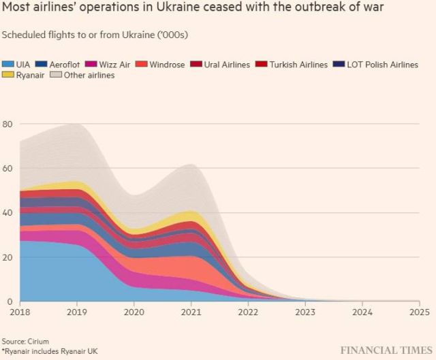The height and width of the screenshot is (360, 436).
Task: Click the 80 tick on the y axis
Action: pyautogui.click(x=7, y=124)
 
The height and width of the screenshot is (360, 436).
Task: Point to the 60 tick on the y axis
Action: pyautogui.click(x=7, y=168)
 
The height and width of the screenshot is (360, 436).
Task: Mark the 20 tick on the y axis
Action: pyautogui.click(x=7, y=257)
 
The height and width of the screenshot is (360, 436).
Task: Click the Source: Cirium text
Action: pyautogui.click(x=25, y=341)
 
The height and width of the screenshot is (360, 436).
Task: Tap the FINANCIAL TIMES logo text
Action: pyautogui.click(x=385, y=350)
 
